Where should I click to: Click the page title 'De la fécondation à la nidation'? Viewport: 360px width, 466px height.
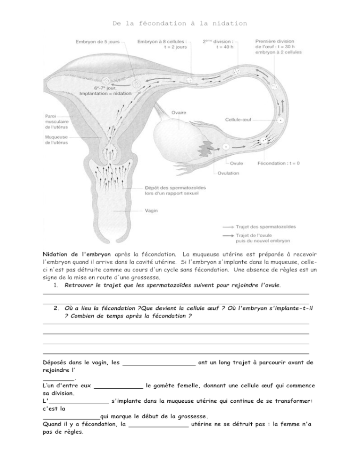[180, 23]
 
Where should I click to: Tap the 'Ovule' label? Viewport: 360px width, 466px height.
[237, 164]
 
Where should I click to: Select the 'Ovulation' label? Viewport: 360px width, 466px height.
[228, 173]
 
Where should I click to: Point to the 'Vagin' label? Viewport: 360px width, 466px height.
[151, 211]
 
